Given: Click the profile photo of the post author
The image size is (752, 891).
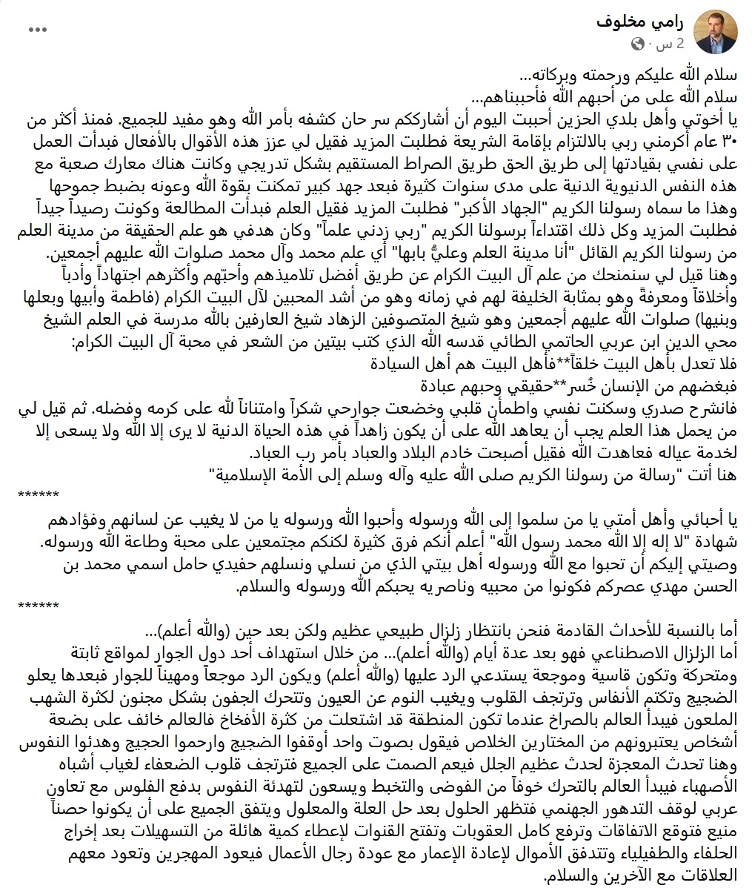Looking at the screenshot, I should [x=713, y=34].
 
